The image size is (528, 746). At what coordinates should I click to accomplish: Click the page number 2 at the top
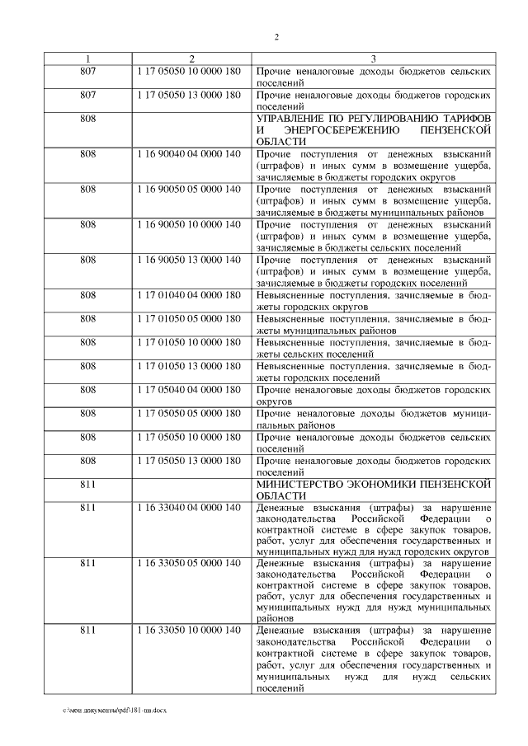pyautogui.click(x=276, y=38)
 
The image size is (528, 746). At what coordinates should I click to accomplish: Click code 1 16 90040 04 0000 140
pyautogui.click(x=191, y=154)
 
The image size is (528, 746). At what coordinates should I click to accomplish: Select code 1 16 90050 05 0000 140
pyautogui.click(x=191, y=189)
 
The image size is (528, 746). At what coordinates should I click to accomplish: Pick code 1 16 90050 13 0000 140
pyautogui.click(x=191, y=259)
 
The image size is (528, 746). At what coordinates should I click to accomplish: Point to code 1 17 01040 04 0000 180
pyautogui.click(x=191, y=294)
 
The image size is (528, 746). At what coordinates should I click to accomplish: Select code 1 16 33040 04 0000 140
pyautogui.click(x=191, y=507)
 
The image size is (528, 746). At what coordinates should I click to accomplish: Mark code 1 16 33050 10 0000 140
pyautogui.click(x=191, y=631)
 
